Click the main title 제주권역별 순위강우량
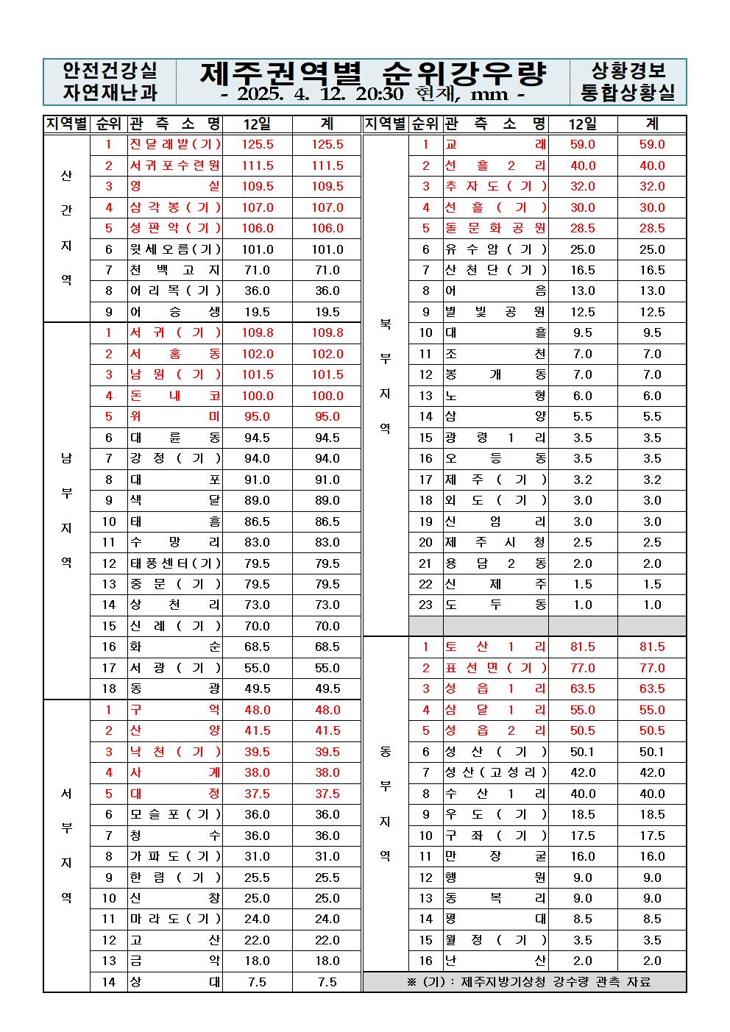click(373, 73)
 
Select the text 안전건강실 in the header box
click(110, 71)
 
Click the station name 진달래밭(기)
click(175, 145)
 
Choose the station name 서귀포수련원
click(175, 166)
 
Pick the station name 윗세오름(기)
click(175, 249)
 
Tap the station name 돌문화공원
click(495, 229)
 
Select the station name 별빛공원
click(495, 312)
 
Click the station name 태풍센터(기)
click(175, 563)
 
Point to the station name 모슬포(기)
click(175, 814)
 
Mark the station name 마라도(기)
click(175, 919)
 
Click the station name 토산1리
click(495, 647)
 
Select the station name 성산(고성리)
click(495, 772)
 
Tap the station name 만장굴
click(495, 856)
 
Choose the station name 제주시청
click(495, 543)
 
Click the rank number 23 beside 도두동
click(426, 605)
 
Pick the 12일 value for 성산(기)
click(583, 752)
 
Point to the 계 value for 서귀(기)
click(327, 333)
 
